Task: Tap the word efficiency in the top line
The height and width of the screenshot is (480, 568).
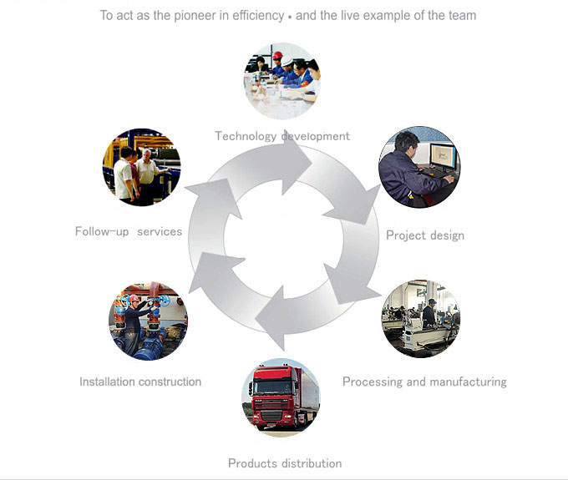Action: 258,16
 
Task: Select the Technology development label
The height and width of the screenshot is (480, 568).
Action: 282,136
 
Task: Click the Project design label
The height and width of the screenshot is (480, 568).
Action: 425,235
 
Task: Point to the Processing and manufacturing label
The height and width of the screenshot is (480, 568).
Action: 424,381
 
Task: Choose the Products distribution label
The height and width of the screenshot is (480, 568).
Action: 285,463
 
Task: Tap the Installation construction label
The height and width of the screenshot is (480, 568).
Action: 140,381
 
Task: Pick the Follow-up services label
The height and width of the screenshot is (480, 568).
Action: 129,231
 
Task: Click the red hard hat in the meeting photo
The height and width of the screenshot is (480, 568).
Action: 278,55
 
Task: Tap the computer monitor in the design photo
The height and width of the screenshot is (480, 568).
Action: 443,155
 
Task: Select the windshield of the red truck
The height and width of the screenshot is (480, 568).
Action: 273,387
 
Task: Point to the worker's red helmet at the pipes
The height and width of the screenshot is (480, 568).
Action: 134,298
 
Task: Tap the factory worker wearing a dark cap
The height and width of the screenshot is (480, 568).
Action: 430,312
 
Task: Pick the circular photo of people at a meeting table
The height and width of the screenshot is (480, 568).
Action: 282,82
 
